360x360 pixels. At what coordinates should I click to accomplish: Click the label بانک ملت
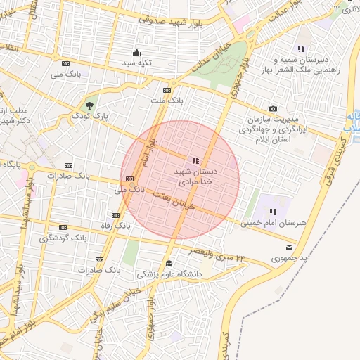[167, 101]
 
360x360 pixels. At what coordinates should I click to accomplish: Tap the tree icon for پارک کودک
[88, 105]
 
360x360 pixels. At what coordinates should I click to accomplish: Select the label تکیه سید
[138, 63]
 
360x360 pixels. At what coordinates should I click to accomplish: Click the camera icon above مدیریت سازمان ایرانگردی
[273, 108]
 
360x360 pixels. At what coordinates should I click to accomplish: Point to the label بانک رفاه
[115, 226]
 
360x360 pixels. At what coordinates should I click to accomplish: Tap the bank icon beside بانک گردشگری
[63, 227]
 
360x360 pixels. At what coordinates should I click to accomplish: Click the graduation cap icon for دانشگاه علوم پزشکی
[168, 264]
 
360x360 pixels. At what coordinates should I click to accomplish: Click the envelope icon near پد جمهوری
[289, 247]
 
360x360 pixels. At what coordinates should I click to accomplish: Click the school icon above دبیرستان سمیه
[301, 49]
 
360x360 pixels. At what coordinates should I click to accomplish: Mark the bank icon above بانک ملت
[167, 90]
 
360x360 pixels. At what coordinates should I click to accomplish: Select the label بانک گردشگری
[63, 238]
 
